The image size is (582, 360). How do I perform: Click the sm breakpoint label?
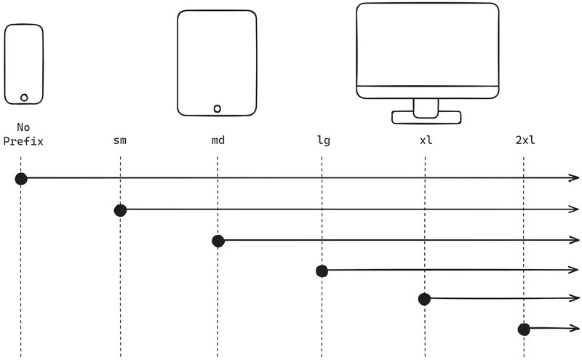click(x=120, y=140)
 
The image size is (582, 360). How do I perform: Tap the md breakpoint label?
click(x=218, y=140)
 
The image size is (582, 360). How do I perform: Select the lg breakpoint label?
click(x=324, y=140)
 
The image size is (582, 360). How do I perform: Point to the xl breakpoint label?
click(x=426, y=140)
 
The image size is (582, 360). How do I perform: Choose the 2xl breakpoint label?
click(x=525, y=140)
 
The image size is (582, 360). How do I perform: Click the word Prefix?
click(x=23, y=141)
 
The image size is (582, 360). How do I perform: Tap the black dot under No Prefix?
click(x=21, y=179)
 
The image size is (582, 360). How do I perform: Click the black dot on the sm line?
click(x=120, y=210)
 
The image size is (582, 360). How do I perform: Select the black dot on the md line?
click(x=218, y=241)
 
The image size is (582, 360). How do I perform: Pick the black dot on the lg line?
click(x=322, y=271)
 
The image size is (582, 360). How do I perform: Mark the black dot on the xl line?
click(x=424, y=299)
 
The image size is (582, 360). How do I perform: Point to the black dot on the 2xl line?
click(x=524, y=329)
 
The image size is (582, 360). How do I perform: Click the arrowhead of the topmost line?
click(x=575, y=178)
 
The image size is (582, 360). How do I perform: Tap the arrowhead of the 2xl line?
click(x=575, y=328)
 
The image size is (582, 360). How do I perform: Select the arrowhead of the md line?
click(x=575, y=240)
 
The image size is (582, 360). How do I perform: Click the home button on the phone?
click(x=24, y=97)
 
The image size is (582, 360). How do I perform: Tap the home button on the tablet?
click(x=217, y=109)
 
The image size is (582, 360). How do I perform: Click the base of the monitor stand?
click(x=426, y=118)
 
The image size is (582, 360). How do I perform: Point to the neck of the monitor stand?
click(x=426, y=108)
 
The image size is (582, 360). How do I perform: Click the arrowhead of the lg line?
click(x=575, y=270)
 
